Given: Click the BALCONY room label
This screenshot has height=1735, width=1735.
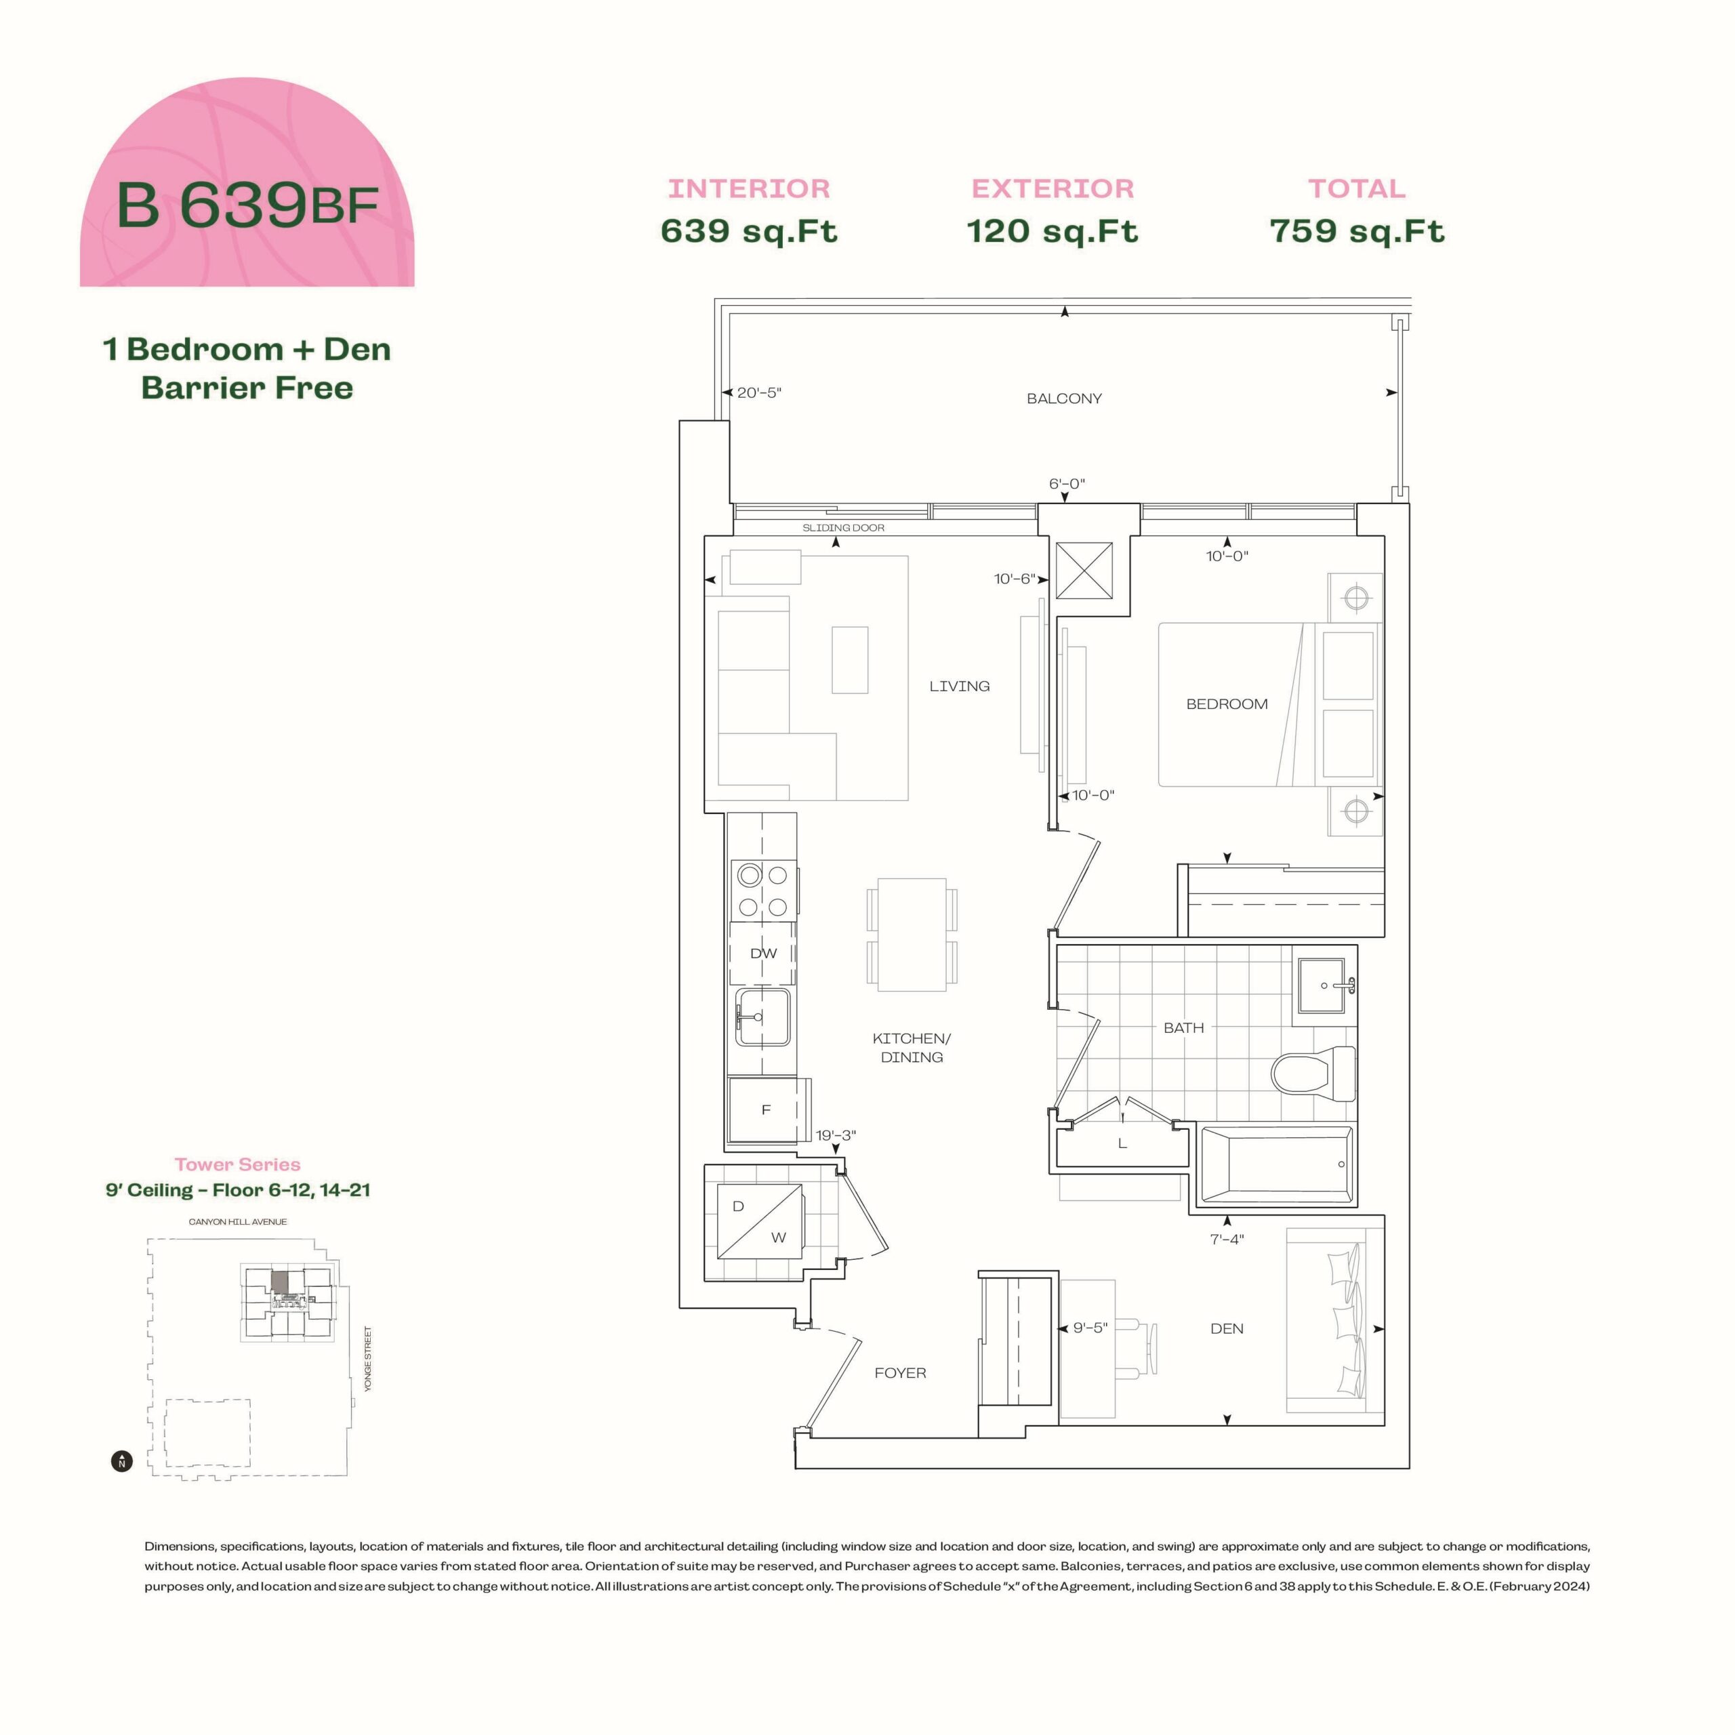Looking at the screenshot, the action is click(x=1064, y=399).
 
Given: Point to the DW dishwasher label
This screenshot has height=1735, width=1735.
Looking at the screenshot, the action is click(x=763, y=954).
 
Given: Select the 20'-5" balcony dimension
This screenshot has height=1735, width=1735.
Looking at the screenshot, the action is click(x=759, y=392).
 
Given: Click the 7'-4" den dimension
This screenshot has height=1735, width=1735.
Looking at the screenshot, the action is click(x=1227, y=1240).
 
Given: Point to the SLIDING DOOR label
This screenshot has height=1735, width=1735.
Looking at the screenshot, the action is click(x=843, y=528).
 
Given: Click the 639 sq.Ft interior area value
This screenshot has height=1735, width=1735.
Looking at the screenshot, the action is click(x=749, y=231).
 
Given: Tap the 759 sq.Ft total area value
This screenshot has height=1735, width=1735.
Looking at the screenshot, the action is click(x=1357, y=231).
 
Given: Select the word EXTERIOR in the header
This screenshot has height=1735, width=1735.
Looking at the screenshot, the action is click(x=1053, y=188).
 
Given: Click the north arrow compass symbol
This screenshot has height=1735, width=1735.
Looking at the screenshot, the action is click(x=122, y=1461).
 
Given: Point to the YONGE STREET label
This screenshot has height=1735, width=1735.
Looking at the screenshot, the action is click(x=367, y=1359).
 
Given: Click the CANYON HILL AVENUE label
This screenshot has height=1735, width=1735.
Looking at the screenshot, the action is click(x=238, y=1221).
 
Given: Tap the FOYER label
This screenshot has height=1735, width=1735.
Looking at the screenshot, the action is click(x=900, y=1373).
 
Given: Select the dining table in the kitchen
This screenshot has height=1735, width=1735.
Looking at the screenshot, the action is click(x=912, y=935).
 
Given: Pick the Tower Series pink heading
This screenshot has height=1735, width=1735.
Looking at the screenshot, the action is click(x=237, y=1165).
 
